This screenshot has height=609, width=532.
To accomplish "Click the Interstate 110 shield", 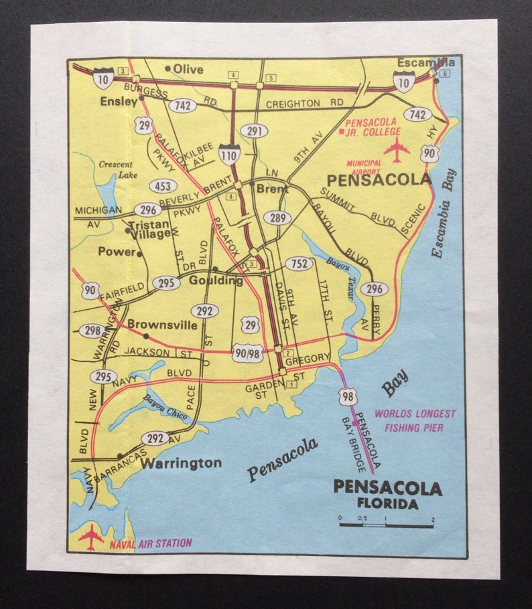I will (x=230, y=154).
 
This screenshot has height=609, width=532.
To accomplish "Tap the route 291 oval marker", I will (x=254, y=130).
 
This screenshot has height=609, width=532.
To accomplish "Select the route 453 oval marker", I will (x=163, y=186).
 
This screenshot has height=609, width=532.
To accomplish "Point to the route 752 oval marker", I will (x=299, y=263).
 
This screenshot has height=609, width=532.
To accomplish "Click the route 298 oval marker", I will (x=92, y=331).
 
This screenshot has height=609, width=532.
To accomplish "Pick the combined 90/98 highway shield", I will (x=247, y=353).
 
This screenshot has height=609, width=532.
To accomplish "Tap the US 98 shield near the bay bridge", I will (x=348, y=395).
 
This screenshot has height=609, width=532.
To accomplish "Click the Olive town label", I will (x=188, y=69).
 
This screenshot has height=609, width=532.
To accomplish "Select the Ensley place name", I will (x=118, y=102).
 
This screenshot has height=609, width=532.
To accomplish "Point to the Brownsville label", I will (x=162, y=325).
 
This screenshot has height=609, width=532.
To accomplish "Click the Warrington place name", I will (x=182, y=462).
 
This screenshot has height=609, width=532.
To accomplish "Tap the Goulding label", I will (x=215, y=280).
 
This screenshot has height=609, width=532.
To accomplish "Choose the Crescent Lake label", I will (x=115, y=169).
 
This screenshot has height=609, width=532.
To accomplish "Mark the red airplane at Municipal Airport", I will (x=397, y=149).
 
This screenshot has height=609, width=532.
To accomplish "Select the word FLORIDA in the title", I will (x=387, y=504).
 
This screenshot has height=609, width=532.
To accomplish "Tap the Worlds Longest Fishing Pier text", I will (x=415, y=420).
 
